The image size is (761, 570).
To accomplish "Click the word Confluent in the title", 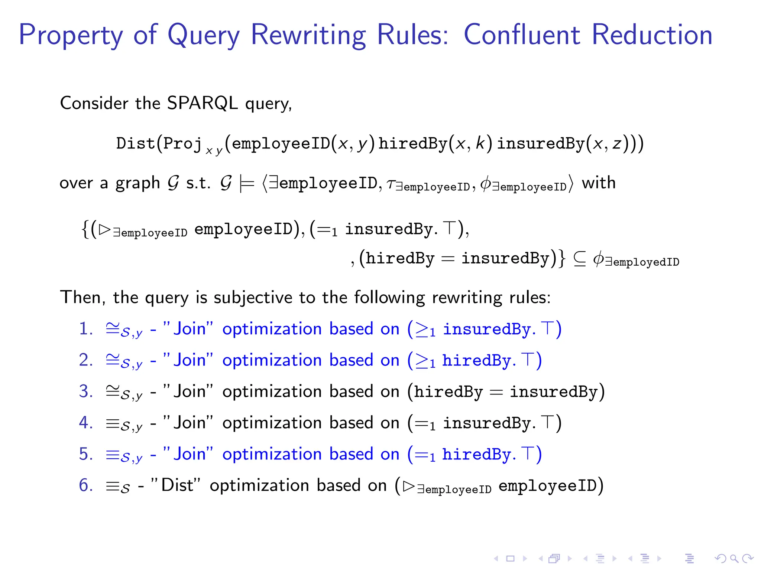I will point(522,35).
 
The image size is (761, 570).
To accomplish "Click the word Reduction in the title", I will point(652,35).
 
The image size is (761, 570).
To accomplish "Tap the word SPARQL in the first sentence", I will point(202,103).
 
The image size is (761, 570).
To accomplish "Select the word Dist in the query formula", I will point(135,144).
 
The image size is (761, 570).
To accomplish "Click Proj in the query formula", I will point(182,144).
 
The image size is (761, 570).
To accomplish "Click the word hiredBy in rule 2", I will point(477,361).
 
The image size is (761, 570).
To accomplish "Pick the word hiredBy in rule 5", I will point(477,455).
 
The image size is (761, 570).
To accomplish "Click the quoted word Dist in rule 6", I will point(177,485).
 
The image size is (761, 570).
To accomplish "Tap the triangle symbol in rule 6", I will point(408,486).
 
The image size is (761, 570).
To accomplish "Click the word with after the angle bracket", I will point(598,183).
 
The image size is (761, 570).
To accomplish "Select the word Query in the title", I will point(204,35).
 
